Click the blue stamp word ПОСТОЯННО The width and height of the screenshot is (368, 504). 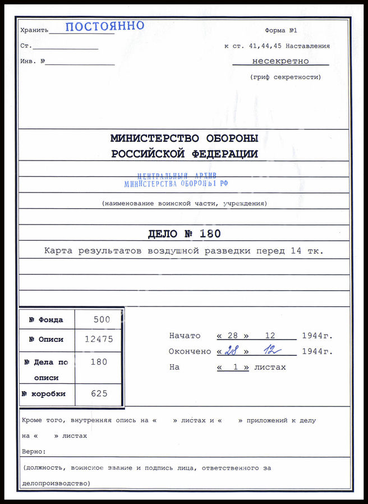(105, 26)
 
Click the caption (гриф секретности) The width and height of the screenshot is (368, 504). (286, 77)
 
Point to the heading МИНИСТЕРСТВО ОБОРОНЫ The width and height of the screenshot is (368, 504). (184, 138)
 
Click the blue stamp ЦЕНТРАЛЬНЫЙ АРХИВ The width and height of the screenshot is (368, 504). (176, 176)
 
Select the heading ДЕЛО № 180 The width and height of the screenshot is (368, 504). (184, 233)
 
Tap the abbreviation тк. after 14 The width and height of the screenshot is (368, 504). (315, 251)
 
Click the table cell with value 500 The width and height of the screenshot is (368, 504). (102, 320)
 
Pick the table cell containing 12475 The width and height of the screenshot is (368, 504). (99, 340)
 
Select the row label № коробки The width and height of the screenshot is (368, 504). (44, 394)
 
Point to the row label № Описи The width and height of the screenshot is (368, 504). (45, 340)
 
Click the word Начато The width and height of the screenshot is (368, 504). (185, 336)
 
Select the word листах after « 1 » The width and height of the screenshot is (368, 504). (270, 367)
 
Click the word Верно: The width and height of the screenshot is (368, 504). (34, 451)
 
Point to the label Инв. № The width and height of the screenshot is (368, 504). (33, 61)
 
